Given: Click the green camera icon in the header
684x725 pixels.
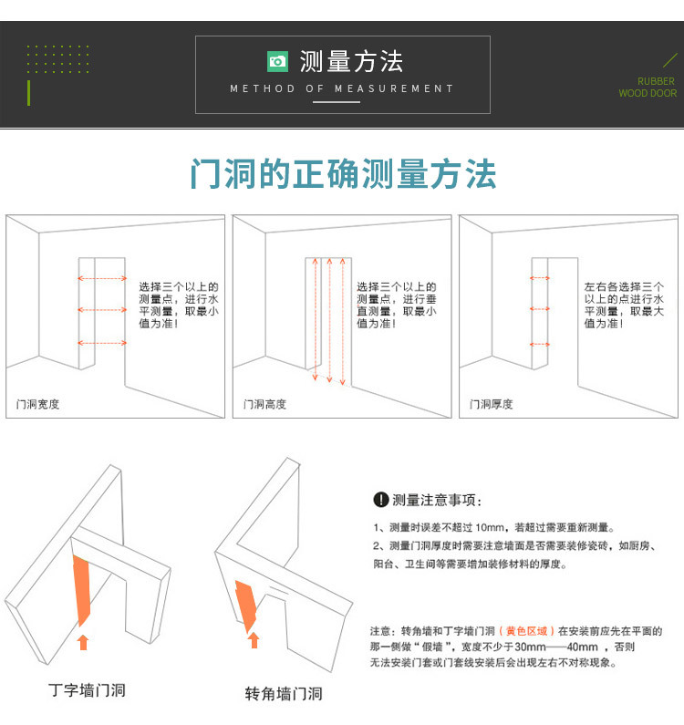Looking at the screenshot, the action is (277, 61).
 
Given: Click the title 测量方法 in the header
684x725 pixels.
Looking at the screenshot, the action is (351, 61).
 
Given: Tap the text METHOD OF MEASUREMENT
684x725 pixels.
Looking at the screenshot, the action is (342, 88).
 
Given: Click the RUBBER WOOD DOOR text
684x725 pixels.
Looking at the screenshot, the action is (648, 87).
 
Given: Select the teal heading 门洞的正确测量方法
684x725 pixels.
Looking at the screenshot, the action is (343, 174).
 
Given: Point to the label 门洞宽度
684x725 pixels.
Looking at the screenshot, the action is (38, 404).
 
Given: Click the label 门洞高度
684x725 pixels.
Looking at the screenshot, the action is (265, 404).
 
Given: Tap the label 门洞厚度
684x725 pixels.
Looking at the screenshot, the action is (492, 404).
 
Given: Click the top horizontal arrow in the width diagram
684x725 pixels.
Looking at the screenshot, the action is (102, 278).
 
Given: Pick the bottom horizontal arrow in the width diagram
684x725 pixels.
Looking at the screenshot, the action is (102, 343).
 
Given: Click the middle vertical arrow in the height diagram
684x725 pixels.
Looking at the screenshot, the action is (330, 320).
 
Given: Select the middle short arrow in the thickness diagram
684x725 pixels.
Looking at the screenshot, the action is (540, 308).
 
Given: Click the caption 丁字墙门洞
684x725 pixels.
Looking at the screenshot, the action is (87, 690).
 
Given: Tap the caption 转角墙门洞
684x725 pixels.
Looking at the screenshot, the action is (284, 694).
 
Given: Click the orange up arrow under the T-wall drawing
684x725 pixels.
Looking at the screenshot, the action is (83, 642).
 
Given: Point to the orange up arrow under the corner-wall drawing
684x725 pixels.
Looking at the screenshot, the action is (254, 640).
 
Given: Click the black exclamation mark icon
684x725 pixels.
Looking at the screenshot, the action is (380, 500).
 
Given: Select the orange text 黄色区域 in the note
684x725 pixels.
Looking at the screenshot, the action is (526, 631).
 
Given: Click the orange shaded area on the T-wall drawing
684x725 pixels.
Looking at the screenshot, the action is (81, 590).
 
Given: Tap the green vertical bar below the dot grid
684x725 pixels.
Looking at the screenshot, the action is (28, 93).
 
